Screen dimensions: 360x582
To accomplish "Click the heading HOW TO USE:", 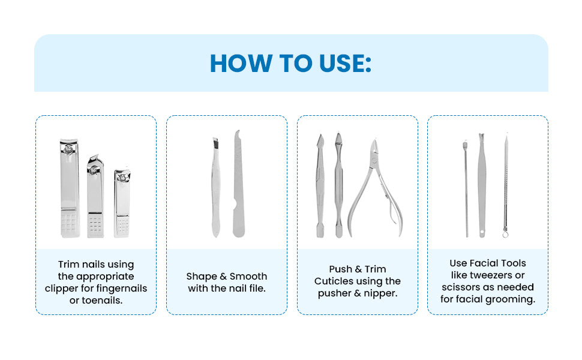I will tap(290, 63).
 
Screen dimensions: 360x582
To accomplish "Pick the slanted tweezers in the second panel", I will tap(215, 186).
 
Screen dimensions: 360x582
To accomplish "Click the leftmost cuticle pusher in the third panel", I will tap(320, 186).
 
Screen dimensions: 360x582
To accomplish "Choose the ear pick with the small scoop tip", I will tap(466, 186).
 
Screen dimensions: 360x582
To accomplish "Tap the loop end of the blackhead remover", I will tap(505, 233).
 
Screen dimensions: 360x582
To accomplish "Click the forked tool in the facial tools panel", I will tap(481, 183).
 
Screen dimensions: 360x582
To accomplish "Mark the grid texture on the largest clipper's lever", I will tap(70, 223).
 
